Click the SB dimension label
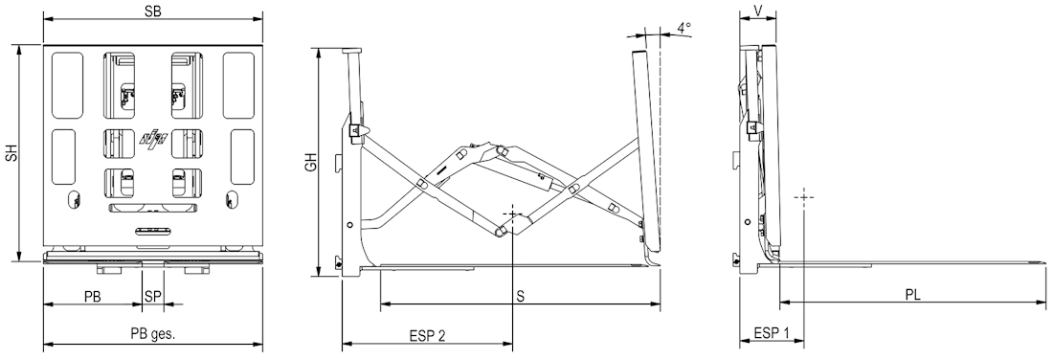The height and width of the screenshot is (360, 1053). point(152,11)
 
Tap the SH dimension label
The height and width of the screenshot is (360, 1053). point(11,153)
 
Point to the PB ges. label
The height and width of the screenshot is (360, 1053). point(153,334)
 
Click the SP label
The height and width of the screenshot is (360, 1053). point(153,296)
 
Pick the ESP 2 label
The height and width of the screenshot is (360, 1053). point(427,335)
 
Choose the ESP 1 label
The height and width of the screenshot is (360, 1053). point(772,333)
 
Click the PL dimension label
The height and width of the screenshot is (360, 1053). point(912,295)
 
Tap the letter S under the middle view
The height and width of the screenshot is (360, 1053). point(521,296)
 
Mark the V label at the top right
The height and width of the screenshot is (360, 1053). point(758,11)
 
